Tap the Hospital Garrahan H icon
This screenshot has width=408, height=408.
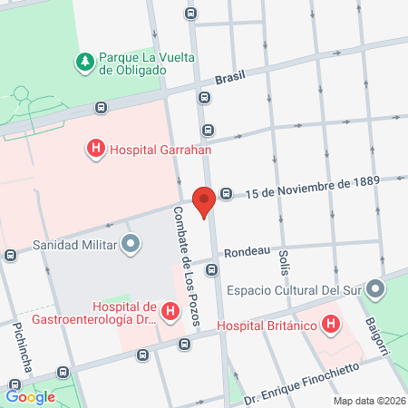tap(94, 149)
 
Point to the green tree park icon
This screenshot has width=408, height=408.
tap(83, 63)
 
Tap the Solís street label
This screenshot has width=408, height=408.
tap(284, 262)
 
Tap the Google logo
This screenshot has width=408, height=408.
tap(30, 396)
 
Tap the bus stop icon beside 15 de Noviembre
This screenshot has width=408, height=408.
tap(226, 192)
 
